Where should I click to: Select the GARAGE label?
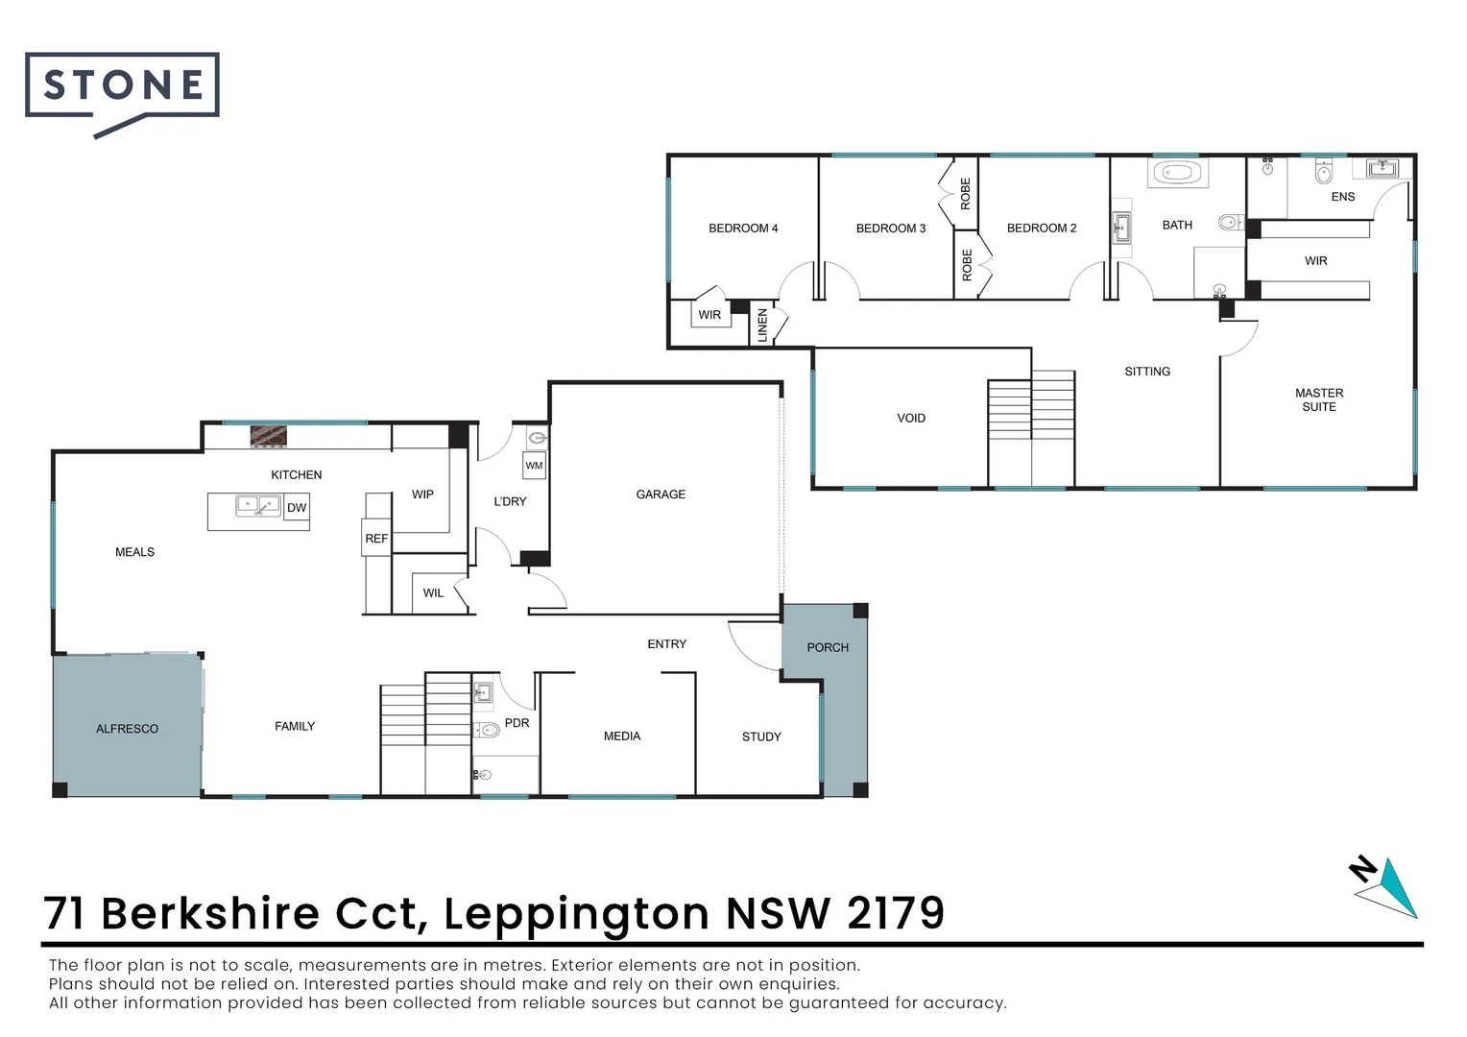point(661,494)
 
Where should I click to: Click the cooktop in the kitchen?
point(268,436)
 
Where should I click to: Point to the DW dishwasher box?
point(297,508)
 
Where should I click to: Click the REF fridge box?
point(376,539)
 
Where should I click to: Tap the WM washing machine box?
point(534,466)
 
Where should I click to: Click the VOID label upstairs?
point(911,419)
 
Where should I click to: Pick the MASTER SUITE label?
point(1318,399)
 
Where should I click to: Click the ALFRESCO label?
point(127,729)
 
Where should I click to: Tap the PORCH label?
point(828,648)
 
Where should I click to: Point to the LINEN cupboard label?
point(763,325)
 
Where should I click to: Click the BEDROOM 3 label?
point(891,229)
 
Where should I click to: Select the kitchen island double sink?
point(258,505)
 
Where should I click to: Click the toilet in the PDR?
point(488,730)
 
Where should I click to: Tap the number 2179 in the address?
point(896,913)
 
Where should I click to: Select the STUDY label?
point(761,737)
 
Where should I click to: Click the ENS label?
point(1342,197)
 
